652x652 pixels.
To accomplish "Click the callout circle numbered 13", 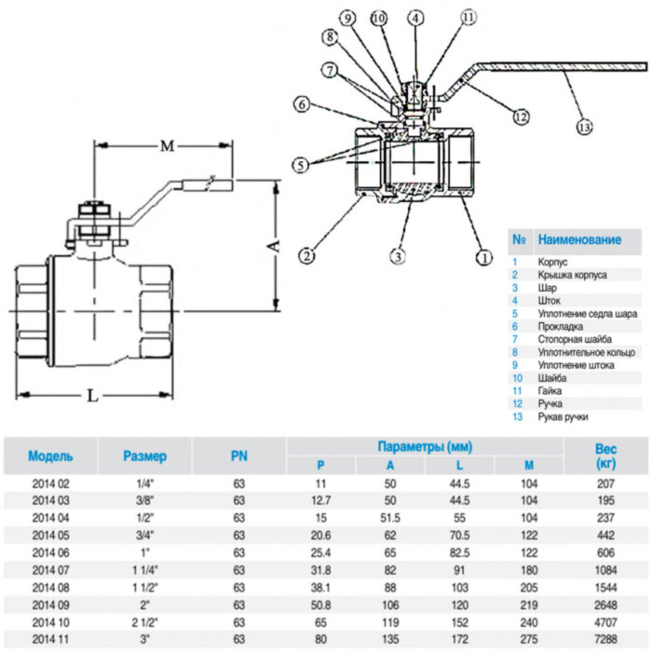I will (584, 127).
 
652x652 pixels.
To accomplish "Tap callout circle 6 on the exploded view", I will (303, 105).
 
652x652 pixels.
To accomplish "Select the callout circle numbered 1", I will (482, 254).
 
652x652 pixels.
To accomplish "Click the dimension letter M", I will (167, 146).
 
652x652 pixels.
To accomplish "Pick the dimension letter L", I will (92, 395).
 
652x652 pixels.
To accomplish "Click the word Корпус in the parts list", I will (553, 263).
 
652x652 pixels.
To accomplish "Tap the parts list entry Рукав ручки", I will (564, 416).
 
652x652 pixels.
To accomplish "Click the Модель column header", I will (50, 456).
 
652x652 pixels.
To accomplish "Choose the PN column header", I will (238, 456).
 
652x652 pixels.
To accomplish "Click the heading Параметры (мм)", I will (424, 446).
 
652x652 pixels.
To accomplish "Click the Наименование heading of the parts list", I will (579, 239).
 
